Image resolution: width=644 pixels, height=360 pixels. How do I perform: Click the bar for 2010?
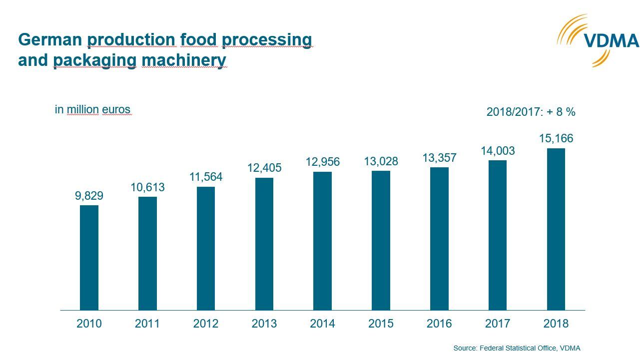tap(89, 258)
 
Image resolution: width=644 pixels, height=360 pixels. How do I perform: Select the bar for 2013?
tap(264, 244)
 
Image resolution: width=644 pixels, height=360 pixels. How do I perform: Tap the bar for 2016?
tap(439, 239)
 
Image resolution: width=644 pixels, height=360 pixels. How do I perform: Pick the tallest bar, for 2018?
tap(556, 229)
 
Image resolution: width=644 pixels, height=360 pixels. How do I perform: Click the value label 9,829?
tap(89, 196)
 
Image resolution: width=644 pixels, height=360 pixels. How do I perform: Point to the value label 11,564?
tap(205, 177)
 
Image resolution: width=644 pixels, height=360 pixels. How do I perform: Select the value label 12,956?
tap(322, 162)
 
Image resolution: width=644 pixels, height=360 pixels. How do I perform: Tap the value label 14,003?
tap(498, 151)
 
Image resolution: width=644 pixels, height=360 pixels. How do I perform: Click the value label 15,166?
tap(556, 138)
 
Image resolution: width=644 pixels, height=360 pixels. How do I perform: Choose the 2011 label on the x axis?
tap(147, 324)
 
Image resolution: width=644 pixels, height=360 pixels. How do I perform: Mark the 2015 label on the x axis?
tap(381, 324)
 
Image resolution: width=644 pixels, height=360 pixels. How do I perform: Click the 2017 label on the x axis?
tap(498, 324)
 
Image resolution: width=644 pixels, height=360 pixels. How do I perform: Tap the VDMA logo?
tap(599, 40)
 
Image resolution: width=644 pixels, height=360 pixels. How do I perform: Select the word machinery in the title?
tap(184, 60)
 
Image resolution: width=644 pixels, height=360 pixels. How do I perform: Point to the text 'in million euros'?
tap(92, 109)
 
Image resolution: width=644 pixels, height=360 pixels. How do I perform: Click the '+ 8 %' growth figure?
tap(561, 112)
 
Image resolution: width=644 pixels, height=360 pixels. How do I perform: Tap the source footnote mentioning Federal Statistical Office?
tap(517, 348)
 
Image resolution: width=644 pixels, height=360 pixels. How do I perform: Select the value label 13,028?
tap(381, 161)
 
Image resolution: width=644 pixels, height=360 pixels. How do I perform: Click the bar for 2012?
tap(205, 248)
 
